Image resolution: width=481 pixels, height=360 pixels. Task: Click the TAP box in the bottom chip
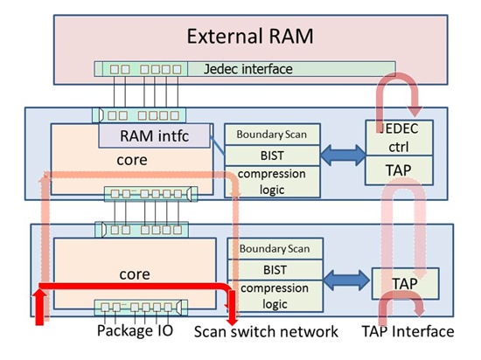[x=405, y=281]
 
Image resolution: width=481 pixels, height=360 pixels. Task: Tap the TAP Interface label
[x=407, y=331]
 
